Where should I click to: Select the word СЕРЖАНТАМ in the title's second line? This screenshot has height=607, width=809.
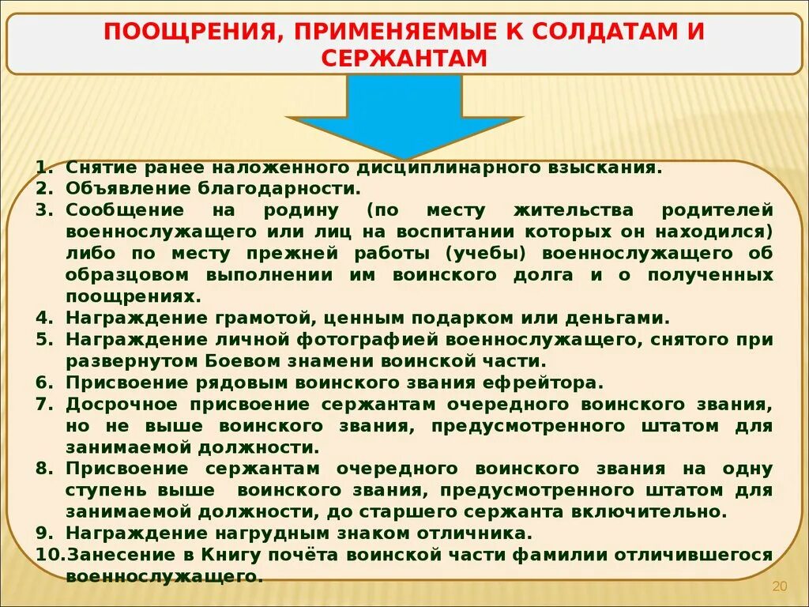point(404,58)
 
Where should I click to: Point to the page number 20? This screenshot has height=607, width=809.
point(780,586)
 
